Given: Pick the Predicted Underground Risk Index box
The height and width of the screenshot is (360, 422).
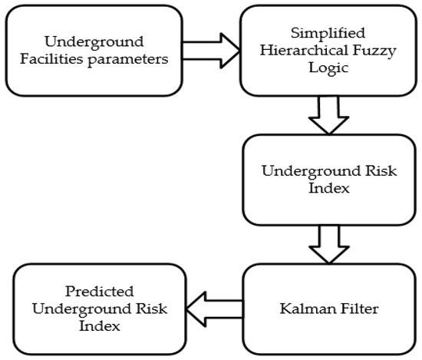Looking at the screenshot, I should (93, 309).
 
